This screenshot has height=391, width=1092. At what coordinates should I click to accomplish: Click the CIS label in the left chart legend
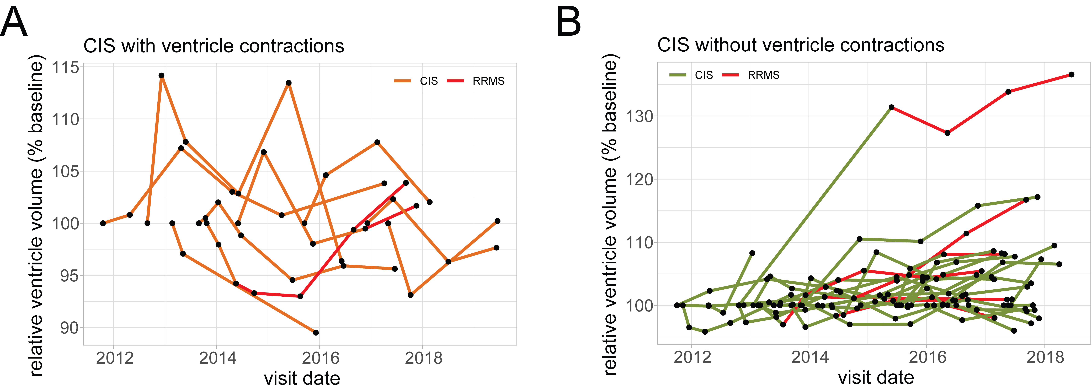click(429, 81)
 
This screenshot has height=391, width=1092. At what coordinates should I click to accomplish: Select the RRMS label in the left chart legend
click(488, 81)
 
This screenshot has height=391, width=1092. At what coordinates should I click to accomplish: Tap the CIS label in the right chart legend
click(704, 75)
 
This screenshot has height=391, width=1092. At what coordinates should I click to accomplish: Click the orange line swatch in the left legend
click(403, 81)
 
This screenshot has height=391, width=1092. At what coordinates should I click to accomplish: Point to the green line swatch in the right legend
click(678, 75)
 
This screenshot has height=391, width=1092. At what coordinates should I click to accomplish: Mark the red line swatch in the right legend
click(730, 75)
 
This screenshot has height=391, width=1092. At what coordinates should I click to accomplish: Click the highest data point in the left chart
click(162, 75)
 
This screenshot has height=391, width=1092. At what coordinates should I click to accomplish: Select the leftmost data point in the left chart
click(103, 223)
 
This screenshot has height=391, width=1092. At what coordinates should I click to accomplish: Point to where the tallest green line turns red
click(892, 107)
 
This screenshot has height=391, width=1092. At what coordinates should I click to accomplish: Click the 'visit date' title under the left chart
click(302, 378)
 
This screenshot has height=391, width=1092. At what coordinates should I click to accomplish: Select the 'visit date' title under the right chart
click(876, 377)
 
